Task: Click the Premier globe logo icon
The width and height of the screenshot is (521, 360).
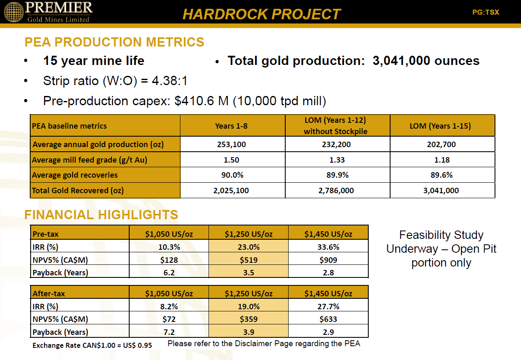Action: click(x=14, y=12)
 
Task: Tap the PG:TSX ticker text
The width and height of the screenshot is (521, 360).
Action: click(x=486, y=12)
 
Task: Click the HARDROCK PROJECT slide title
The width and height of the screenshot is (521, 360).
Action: click(x=261, y=14)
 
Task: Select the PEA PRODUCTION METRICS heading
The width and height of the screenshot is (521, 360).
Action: click(x=114, y=42)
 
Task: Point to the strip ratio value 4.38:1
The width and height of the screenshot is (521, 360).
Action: click(x=169, y=81)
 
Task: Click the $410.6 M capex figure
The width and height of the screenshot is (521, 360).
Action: click(x=201, y=101)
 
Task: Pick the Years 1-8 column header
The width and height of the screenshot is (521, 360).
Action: click(x=231, y=126)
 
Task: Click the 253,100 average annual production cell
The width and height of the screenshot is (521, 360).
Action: click(x=232, y=144)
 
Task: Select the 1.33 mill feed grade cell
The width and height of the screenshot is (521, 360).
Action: click(x=337, y=160)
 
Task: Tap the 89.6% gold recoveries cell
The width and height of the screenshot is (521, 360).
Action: click(x=441, y=175)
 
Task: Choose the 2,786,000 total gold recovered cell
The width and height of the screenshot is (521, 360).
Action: click(x=336, y=191)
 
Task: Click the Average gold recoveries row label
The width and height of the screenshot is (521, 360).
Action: click(x=75, y=175)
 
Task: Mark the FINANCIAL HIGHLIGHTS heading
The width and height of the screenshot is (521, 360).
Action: click(x=101, y=215)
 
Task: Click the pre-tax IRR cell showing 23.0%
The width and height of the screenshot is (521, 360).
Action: click(x=248, y=247)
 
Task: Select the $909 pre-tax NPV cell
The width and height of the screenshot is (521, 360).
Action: click(x=328, y=260)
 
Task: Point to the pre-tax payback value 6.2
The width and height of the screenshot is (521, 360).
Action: click(x=169, y=272)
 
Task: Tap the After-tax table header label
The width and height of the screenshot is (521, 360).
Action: click(x=49, y=293)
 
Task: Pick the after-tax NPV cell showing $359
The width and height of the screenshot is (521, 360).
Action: click(x=248, y=319)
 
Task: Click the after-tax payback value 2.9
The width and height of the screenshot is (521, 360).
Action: click(x=328, y=332)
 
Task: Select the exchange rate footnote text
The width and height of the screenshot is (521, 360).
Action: click(x=92, y=345)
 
